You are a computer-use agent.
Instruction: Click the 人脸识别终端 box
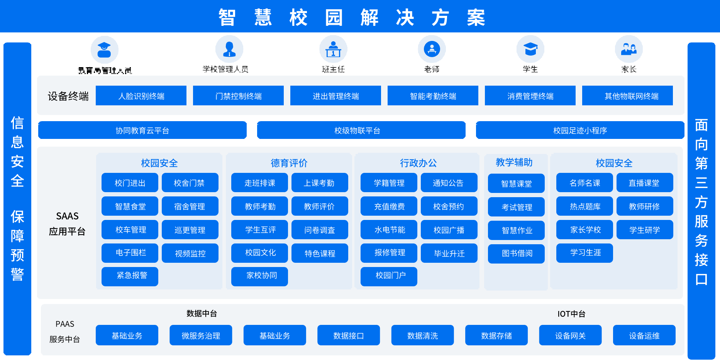pos(141,96)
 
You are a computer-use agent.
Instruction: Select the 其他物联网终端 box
pos(627,96)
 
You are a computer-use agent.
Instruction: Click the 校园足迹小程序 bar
pos(580,130)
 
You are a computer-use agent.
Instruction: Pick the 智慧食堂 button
pos(130,206)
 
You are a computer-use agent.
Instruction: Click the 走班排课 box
pos(259,183)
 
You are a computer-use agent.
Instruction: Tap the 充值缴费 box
pos(389,206)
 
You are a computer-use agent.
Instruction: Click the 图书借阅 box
pos(516,254)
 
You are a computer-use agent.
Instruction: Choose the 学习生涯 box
pos(584,253)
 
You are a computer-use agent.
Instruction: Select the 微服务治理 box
pos(201,335)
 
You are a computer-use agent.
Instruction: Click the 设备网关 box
pos(570,335)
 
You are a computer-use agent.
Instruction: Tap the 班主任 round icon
pos(333,49)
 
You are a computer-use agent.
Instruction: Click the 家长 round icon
pos(629,49)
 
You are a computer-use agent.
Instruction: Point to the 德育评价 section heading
pos(289,163)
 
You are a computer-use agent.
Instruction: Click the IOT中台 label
pos(571,314)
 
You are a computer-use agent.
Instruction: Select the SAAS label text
pos(67,216)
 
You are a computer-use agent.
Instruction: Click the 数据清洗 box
pos(422,335)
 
